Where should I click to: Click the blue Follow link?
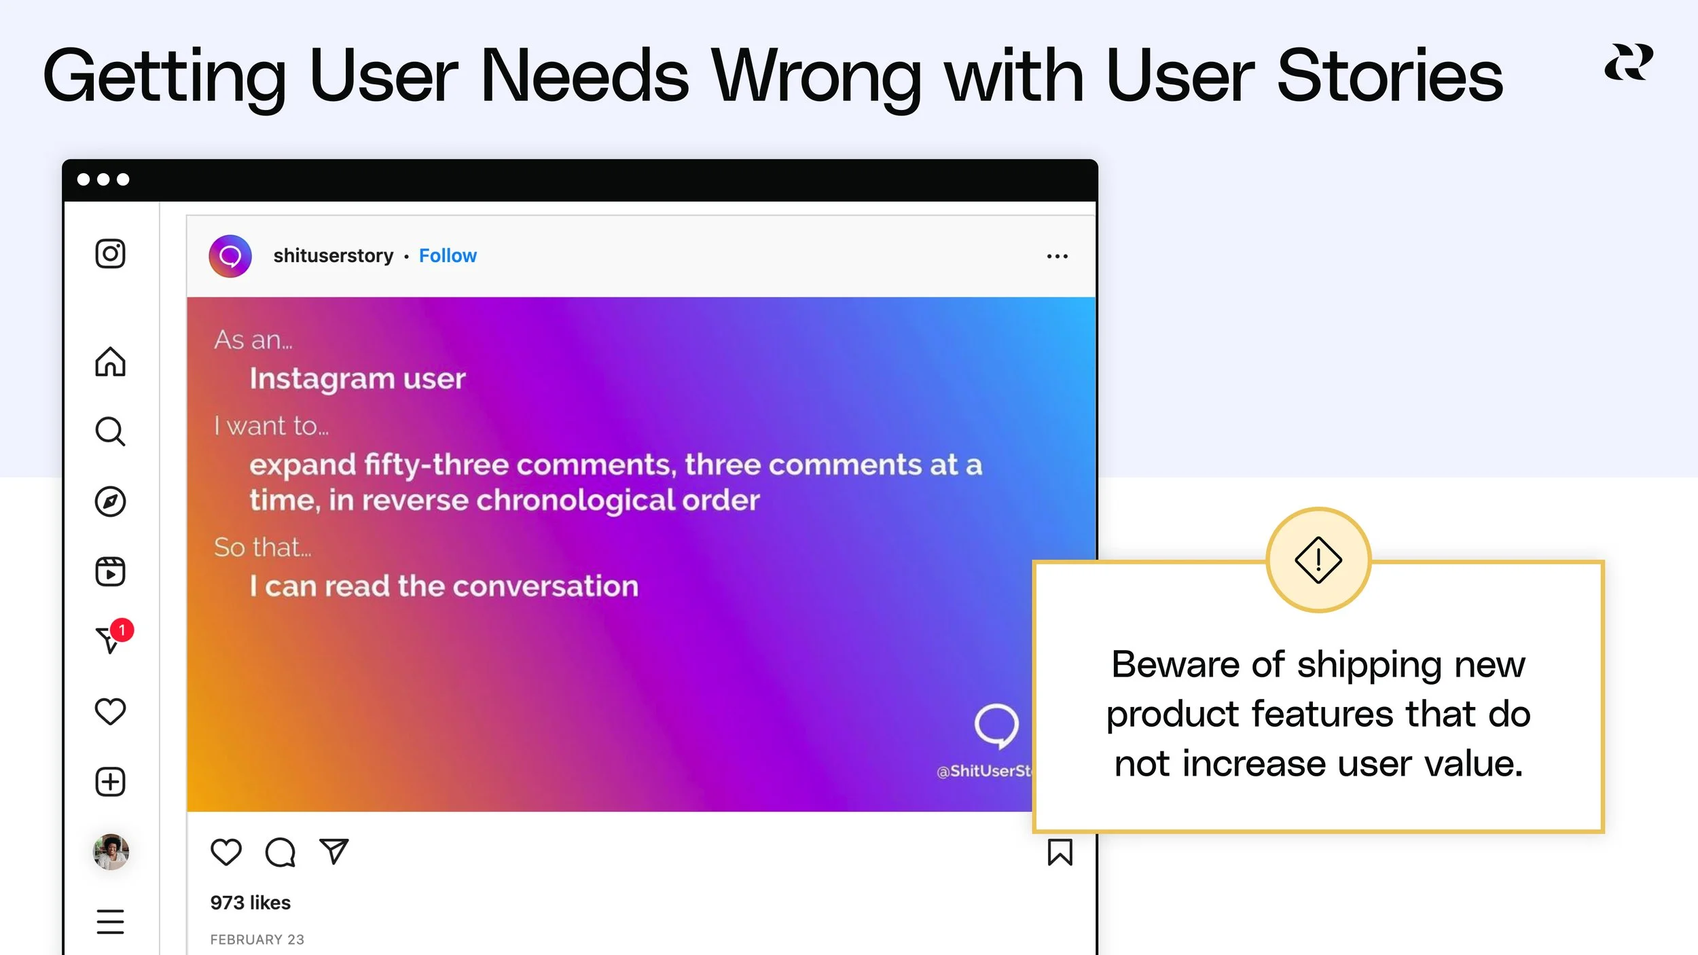(448, 256)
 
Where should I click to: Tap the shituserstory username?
(333, 256)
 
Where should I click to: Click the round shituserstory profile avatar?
(230, 256)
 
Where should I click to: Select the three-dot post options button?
(1057, 256)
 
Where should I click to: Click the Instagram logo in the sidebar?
(110, 254)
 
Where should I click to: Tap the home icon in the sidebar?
(110, 361)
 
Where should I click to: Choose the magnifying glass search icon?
(110, 431)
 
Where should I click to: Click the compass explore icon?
(110, 502)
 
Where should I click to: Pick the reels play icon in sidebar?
(110, 572)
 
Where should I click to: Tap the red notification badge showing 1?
(122, 630)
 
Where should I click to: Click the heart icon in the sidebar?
(110, 712)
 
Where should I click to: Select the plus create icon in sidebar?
(110, 782)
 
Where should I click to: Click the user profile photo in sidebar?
(111, 852)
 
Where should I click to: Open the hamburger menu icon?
(110, 922)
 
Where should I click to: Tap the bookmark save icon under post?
(1060, 852)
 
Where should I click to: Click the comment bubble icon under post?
(280, 852)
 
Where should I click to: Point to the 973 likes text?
(250, 903)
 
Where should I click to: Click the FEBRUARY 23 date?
(257, 939)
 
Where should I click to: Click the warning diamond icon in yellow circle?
(1318, 560)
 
